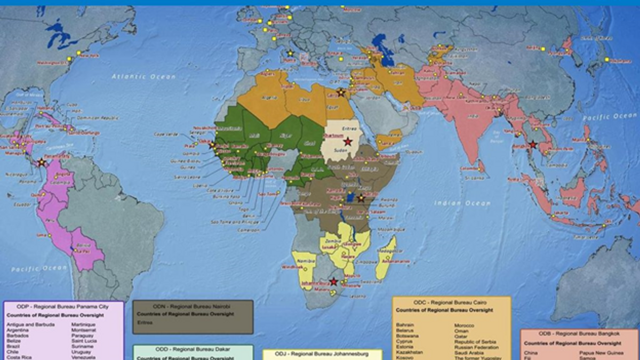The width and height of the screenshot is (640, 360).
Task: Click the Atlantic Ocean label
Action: [x=143, y=77]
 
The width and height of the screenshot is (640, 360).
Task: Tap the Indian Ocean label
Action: [x=462, y=203]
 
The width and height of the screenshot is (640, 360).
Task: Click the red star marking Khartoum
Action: [x=348, y=142]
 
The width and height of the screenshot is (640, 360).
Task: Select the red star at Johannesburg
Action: [x=334, y=282]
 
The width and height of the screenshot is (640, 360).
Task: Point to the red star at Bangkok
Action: [x=532, y=144]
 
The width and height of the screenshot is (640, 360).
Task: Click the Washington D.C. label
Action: [x=53, y=62]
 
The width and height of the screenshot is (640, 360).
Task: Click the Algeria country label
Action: [x=269, y=98]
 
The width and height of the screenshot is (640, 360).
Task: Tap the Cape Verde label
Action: [x=164, y=134]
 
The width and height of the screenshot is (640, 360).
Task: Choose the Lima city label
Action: [x=40, y=235]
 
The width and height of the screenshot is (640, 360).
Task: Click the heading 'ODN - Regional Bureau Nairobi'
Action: [x=193, y=307]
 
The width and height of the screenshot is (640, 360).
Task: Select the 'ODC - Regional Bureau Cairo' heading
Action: [x=451, y=302]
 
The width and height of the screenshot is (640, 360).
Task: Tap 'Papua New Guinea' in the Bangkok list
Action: [x=598, y=353]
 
